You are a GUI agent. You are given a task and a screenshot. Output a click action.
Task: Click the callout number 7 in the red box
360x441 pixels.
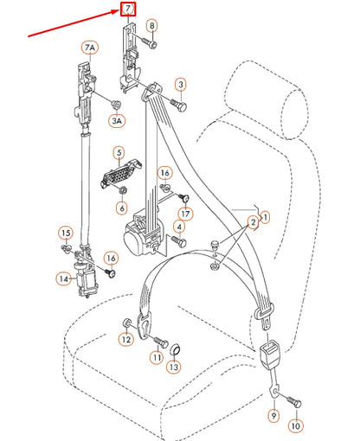(x=127, y=10)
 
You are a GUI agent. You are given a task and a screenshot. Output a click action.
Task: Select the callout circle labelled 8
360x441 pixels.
(x=151, y=26)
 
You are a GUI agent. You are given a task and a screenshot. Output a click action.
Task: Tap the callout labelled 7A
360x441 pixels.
(x=90, y=46)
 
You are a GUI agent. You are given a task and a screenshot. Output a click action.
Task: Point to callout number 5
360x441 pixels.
(x=119, y=152)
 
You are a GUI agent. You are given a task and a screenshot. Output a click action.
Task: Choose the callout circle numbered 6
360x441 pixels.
(x=121, y=208)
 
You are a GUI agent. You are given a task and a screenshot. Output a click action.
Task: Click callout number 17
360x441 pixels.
(x=185, y=213)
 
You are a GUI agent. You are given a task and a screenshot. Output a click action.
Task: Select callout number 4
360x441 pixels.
(x=179, y=227)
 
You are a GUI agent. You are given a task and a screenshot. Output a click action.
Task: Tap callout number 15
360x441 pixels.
(x=65, y=233)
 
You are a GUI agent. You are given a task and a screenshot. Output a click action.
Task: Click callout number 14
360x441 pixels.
(x=64, y=278)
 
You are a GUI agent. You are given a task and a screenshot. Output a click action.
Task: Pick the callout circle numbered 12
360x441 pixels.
(x=125, y=340)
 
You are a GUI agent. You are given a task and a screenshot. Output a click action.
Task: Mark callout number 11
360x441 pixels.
(x=157, y=357)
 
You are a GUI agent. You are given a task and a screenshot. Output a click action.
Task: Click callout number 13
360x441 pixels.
(x=174, y=367)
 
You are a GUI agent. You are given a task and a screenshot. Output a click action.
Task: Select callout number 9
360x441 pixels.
(x=273, y=417)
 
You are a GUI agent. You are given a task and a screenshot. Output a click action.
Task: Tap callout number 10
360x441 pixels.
(x=296, y=426)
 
